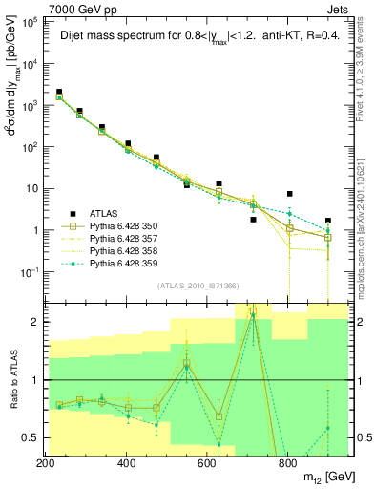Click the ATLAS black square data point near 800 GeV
(x=289, y=194)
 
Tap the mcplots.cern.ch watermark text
(x=367, y=220)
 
